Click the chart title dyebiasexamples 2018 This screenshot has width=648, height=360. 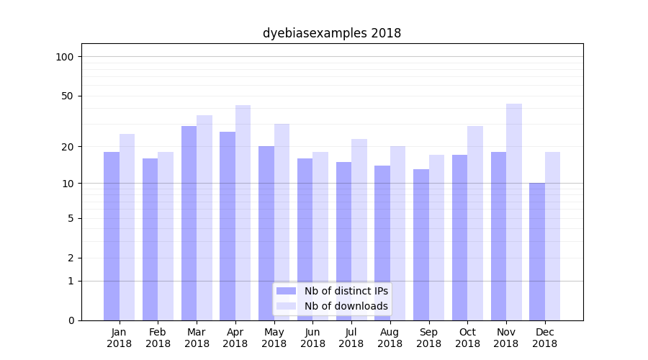(331, 33)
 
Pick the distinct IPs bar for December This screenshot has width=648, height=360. (537, 251)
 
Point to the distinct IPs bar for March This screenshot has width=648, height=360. (189, 223)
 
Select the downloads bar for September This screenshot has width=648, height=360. (436, 238)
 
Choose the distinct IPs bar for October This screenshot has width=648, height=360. (459, 238)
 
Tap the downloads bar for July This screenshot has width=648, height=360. (359, 230)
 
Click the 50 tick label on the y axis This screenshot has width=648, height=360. (68, 96)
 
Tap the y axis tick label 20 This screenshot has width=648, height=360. (68, 147)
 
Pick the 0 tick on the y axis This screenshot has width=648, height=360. (71, 320)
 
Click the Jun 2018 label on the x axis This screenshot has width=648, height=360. (312, 338)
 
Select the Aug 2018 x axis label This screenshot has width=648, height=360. (390, 338)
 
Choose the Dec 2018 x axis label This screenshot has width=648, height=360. (545, 338)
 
